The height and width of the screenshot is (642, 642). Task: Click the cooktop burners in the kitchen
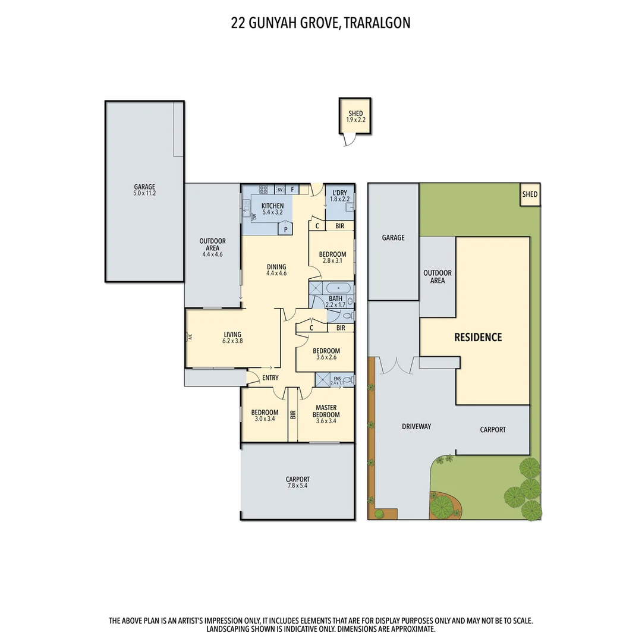[263, 190]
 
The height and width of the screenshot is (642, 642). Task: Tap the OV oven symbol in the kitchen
[279, 190]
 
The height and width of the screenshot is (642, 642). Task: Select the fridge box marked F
[292, 190]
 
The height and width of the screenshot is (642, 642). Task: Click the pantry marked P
[286, 229]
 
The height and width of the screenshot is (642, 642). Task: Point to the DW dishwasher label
[254, 217]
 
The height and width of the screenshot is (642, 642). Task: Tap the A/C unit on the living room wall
[190, 337]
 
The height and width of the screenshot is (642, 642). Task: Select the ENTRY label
[270, 378]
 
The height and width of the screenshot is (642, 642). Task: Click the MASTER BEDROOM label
[327, 411]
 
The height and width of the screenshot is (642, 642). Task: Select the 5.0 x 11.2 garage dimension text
[144, 193]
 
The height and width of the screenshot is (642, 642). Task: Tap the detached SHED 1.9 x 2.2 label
[355, 117]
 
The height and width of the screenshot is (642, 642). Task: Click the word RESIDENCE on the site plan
[478, 338]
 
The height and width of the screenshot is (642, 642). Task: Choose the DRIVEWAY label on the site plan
[416, 427]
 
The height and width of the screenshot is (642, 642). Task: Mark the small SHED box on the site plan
[530, 194]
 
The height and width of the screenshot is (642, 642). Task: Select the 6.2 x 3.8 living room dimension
[232, 342]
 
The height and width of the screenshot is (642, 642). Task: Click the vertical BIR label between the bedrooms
[292, 415]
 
